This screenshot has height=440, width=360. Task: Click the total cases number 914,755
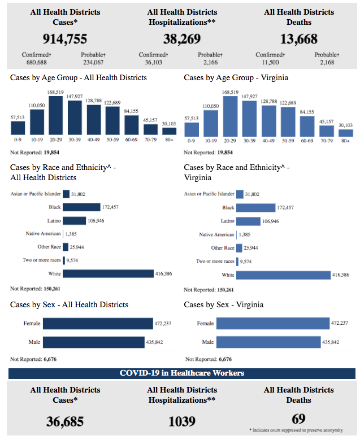click(65, 38)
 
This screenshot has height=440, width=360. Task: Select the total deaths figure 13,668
click(298, 38)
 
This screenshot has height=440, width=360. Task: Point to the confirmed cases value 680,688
click(36, 62)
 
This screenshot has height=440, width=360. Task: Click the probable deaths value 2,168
click(327, 62)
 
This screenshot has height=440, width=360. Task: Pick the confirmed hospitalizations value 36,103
click(153, 62)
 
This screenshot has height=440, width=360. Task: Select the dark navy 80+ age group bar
click(170, 132)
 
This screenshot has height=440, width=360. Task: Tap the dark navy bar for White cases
click(108, 275)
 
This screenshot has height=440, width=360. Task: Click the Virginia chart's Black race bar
click(255, 208)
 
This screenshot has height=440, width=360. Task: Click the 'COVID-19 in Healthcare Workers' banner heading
click(181, 373)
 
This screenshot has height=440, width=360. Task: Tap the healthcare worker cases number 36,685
click(65, 421)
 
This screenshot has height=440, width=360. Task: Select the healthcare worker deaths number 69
click(298, 418)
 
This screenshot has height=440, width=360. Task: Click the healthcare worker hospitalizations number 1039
click(181, 421)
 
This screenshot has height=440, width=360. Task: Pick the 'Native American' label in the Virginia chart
click(216, 234)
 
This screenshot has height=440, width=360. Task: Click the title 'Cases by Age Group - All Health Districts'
click(79, 77)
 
